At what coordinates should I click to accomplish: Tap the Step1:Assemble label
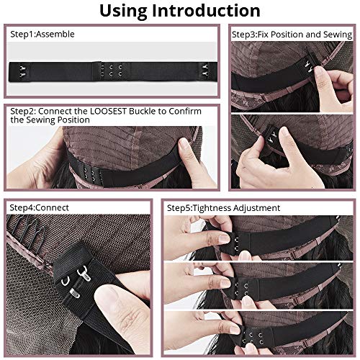point(42,34)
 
